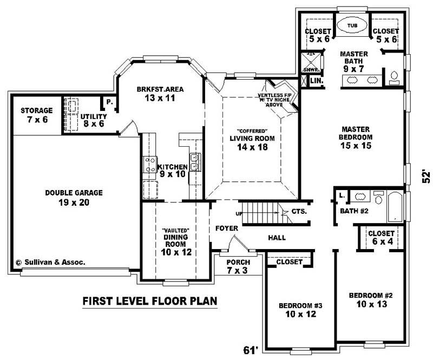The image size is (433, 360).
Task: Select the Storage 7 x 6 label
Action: [x=37, y=114]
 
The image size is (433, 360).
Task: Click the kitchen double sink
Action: [x=195, y=161]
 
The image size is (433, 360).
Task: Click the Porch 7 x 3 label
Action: [x=238, y=266]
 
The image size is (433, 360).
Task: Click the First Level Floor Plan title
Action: [x=149, y=300]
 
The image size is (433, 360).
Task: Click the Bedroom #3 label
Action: [x=300, y=310]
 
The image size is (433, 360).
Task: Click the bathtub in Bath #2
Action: [x=396, y=206]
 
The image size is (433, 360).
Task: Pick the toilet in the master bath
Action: [x=395, y=75]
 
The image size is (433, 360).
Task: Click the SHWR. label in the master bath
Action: [x=310, y=70]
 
